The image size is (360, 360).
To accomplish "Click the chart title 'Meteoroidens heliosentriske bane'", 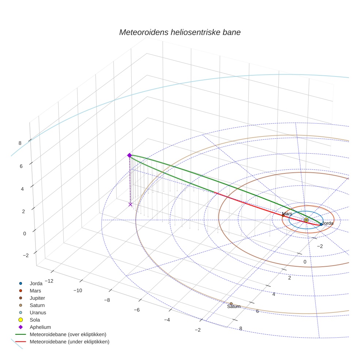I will coord(180,32).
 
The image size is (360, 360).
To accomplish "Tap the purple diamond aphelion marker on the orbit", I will coord(130,155).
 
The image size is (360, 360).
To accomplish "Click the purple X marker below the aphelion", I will coord(130,205).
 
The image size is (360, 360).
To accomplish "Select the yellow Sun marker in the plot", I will coord(306,220).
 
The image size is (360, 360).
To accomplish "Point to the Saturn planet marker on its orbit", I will coord(231,304).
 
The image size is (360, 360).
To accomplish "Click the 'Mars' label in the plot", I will coord(287,213).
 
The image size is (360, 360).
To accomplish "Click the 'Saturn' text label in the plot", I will coord(234,307).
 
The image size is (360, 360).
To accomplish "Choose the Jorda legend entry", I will coord(36,284).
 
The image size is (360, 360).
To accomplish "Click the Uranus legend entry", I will coord(38,313).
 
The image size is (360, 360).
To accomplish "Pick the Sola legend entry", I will coord(35,320).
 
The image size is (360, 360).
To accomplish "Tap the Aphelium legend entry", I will coord(40,327).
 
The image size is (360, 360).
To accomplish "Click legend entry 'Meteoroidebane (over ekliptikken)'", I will coord(68,334).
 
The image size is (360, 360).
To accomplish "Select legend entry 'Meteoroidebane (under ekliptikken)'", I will coord(69,342).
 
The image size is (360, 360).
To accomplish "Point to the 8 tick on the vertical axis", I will coord(20,143).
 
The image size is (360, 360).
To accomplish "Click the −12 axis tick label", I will coord(48,281).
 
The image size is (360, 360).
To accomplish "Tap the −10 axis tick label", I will coord(78,290).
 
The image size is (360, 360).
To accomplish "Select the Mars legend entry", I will coord(35,291).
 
